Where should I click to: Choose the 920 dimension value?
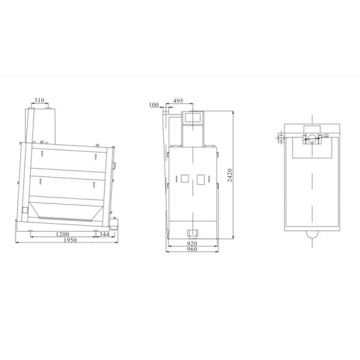[192, 244]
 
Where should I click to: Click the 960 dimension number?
[192, 250]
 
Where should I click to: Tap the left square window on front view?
[184, 178]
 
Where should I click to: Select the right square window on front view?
[200, 178]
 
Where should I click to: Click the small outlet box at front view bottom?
[193, 232]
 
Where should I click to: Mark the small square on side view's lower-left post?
[24, 211]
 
